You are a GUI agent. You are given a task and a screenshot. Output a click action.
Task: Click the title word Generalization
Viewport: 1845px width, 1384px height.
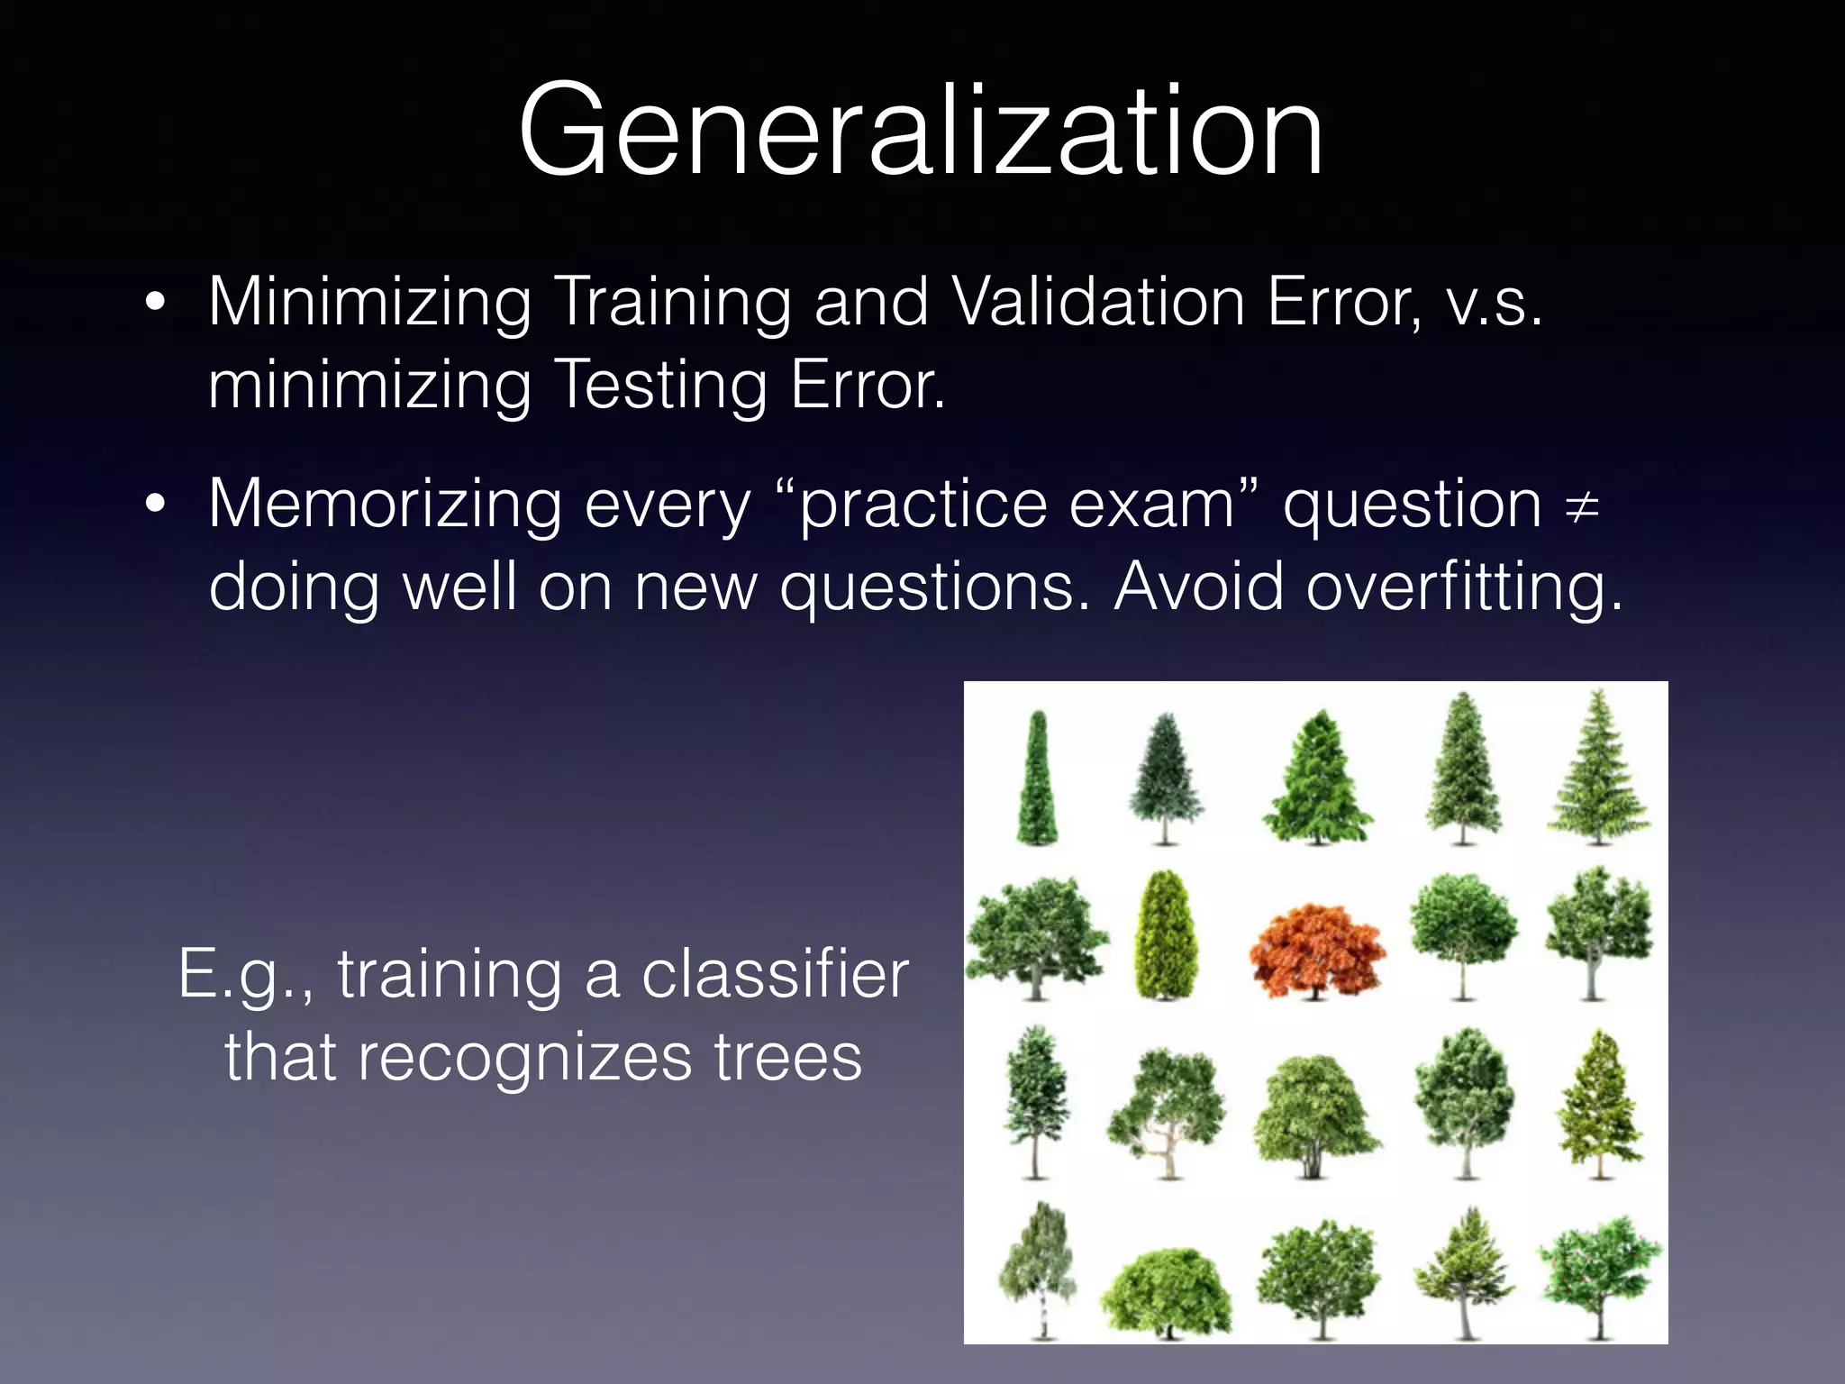click(x=921, y=131)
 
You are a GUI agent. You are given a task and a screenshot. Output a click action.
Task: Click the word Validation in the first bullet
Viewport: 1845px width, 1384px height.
click(x=1098, y=302)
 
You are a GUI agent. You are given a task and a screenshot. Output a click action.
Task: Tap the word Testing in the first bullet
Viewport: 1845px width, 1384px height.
click(x=659, y=386)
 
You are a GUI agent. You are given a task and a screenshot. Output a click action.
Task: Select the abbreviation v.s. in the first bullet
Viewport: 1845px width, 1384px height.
click(x=1494, y=302)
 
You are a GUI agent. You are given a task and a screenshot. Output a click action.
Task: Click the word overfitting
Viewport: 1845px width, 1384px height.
click(x=1463, y=587)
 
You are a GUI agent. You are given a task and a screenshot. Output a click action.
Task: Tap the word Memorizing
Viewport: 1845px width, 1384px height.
click(x=385, y=505)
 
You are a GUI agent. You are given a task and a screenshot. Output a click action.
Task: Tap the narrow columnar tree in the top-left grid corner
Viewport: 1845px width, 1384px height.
click(x=1037, y=780)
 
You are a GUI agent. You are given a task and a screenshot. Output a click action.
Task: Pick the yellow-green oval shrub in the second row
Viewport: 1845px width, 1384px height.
click(x=1166, y=937)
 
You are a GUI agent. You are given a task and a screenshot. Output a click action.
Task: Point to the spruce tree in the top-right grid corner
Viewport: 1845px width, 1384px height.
click(x=1599, y=770)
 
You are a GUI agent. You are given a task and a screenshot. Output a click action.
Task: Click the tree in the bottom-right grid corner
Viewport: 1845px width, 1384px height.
click(x=1599, y=1270)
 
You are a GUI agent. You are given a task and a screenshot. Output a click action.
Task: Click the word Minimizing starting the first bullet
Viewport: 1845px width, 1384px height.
click(x=370, y=302)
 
